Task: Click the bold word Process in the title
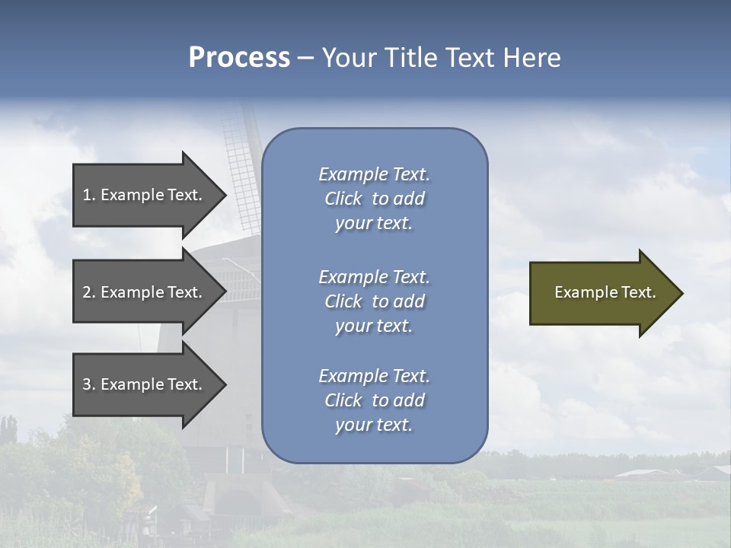click(239, 58)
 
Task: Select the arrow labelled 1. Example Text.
click(145, 195)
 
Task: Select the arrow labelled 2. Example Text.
click(145, 292)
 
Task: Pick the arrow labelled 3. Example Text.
click(145, 384)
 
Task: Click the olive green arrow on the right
click(602, 293)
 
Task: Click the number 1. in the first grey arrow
click(89, 195)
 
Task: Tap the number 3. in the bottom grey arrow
click(89, 384)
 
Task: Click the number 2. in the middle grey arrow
click(89, 292)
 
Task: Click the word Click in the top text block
click(343, 199)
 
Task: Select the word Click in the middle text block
click(343, 301)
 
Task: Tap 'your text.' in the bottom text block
click(374, 425)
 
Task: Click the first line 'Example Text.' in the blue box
click(374, 174)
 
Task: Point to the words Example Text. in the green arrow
click(605, 292)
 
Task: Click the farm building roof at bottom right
click(643, 473)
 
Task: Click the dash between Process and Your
click(305, 58)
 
